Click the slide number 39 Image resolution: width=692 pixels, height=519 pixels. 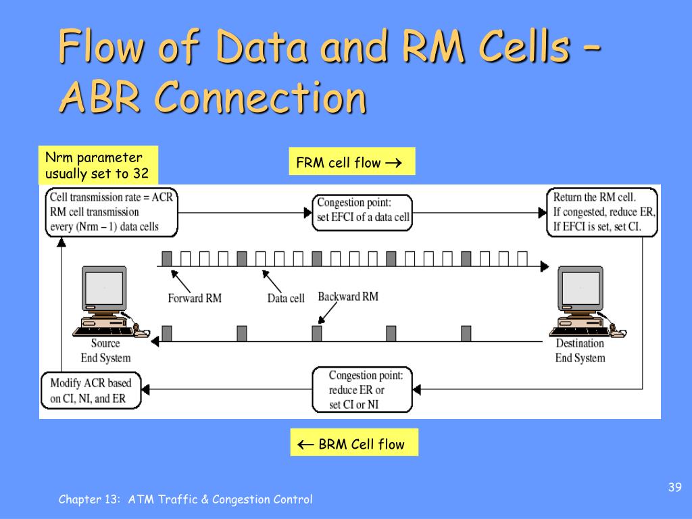[x=675, y=487]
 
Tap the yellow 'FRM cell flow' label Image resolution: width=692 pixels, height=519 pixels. [x=351, y=162]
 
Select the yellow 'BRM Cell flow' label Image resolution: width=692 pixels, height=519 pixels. [x=354, y=442]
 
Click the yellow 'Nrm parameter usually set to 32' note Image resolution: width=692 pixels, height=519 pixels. [x=98, y=165]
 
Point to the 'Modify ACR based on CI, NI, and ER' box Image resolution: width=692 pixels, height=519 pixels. [x=91, y=391]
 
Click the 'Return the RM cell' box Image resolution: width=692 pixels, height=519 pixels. [x=602, y=212]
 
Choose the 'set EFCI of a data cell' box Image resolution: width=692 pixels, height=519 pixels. [x=362, y=213]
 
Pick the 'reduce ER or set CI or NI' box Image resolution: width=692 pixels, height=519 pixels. [x=362, y=390]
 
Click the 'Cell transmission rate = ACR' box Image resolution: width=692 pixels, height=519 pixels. [x=112, y=212]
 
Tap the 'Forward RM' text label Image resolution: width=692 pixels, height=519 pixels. [x=195, y=298]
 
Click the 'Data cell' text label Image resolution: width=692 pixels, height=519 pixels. [x=286, y=298]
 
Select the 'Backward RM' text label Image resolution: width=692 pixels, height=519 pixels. [x=348, y=297]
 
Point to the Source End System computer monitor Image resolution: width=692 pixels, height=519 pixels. [x=105, y=288]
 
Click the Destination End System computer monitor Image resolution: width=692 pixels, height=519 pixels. [x=580, y=288]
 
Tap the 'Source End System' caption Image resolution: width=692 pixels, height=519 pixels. [x=105, y=351]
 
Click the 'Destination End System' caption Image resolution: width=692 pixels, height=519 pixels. [x=580, y=351]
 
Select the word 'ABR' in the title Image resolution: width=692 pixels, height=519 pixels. [x=100, y=97]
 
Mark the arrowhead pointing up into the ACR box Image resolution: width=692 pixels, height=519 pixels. [x=61, y=242]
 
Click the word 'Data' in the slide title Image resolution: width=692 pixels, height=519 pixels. [x=262, y=46]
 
